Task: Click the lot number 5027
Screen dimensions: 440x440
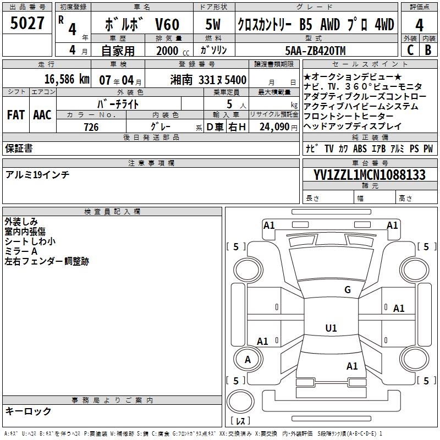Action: click(x=27, y=23)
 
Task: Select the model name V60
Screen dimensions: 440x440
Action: click(x=167, y=24)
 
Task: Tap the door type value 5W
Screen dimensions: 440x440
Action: click(x=213, y=24)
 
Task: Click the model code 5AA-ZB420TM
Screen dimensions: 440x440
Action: click(x=315, y=51)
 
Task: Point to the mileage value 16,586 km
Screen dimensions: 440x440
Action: click(x=67, y=79)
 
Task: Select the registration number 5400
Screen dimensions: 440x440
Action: click(x=235, y=80)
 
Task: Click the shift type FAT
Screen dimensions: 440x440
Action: click(x=16, y=115)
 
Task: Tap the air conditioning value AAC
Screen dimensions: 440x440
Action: click(x=42, y=115)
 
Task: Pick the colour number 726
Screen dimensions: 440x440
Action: click(x=91, y=127)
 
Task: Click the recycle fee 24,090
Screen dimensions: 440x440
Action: click(x=274, y=127)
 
